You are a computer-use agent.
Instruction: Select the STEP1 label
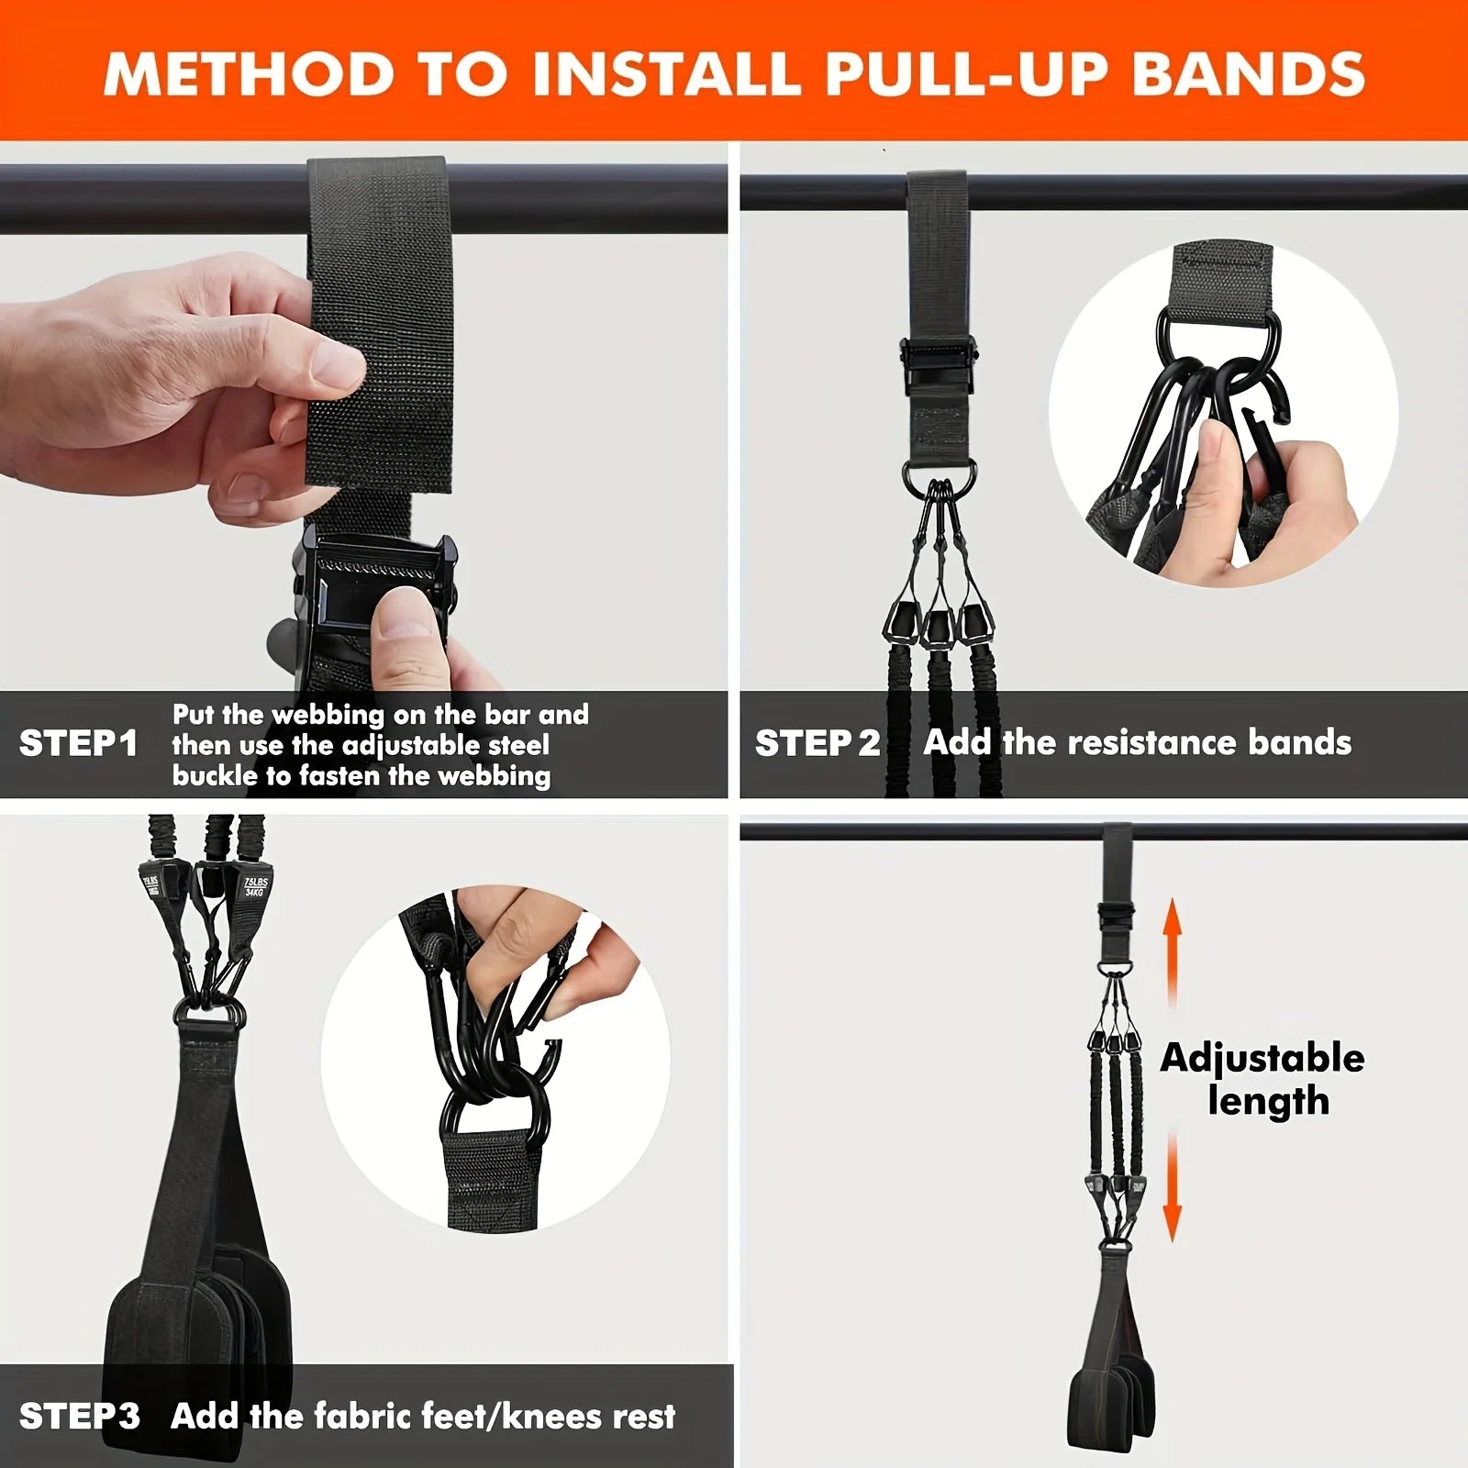pyautogui.click(x=78, y=743)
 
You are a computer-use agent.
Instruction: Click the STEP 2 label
pyautogui.click(x=817, y=743)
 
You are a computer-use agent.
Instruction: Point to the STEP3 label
pyautogui.click(x=79, y=1416)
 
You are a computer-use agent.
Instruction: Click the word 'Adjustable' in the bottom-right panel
pyautogui.click(x=1262, y=1058)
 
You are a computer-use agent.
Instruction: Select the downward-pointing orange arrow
pyautogui.click(x=1173, y=1188)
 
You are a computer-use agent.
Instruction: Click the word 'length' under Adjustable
pyautogui.click(x=1268, y=1101)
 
